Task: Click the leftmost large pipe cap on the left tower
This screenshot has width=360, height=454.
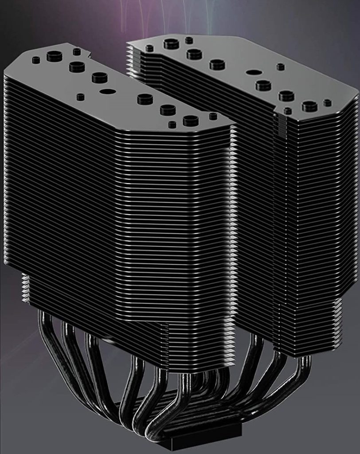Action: (54, 56)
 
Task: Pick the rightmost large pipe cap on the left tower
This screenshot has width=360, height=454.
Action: (191, 120)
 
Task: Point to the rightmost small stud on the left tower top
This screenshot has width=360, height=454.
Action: (213, 116)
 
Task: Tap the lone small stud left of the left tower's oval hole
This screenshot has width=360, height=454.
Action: (80, 97)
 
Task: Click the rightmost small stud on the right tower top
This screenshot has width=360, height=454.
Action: (327, 103)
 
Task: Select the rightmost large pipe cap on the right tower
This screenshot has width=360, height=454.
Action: (309, 106)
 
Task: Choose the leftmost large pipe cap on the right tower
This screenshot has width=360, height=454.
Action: (171, 43)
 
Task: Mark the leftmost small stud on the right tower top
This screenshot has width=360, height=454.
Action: (149, 48)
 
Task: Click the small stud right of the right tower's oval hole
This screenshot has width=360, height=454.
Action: (280, 67)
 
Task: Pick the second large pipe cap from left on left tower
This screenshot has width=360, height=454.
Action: (77, 67)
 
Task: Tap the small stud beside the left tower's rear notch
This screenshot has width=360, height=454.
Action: (77, 52)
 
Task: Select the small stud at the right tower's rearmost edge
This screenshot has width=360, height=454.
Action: (189, 40)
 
